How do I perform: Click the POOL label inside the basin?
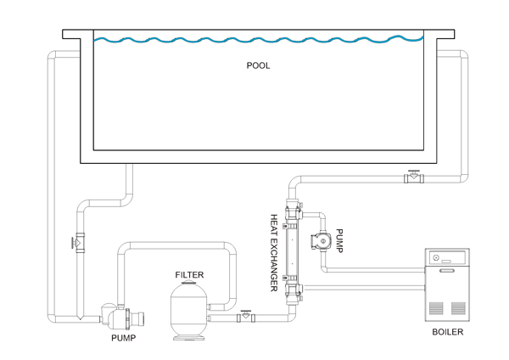258,65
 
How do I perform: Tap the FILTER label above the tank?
189,275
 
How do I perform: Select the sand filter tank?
190,311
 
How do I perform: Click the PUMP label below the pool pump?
123,337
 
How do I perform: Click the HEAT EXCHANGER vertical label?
274,252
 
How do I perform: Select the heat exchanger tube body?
294,253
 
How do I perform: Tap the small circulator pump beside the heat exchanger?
323,241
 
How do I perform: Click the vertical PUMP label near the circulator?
339,241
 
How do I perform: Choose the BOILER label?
447,332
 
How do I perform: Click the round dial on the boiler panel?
436,257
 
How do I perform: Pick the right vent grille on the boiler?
458,307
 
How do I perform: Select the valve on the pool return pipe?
414,177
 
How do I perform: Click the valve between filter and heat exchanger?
246,317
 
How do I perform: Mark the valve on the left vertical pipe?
77,241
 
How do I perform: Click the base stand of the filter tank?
190,337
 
